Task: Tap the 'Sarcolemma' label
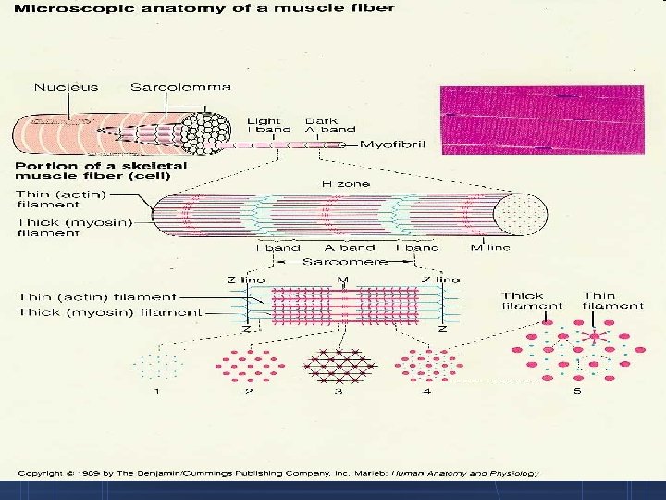click(179, 88)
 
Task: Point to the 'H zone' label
click(345, 184)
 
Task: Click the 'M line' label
click(489, 247)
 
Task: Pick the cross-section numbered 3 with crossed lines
click(338, 366)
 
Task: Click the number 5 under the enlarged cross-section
click(577, 392)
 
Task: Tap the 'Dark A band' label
click(321, 125)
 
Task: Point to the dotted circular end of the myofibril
click(518, 215)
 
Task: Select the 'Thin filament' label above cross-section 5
click(612, 301)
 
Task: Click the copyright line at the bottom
click(277, 473)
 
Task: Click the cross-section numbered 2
click(248, 366)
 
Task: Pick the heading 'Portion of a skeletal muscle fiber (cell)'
click(101, 171)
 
